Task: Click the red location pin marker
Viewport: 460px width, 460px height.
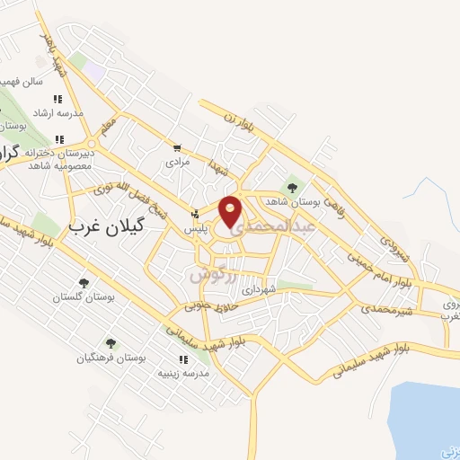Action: (231, 210)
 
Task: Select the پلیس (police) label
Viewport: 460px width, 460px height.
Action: (197, 230)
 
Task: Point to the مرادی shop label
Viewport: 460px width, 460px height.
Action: (176, 163)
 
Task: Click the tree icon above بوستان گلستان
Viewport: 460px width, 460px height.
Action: (84, 283)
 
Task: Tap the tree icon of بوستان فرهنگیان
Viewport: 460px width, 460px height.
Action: (111, 342)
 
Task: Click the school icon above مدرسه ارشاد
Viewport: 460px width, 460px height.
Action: (57, 100)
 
